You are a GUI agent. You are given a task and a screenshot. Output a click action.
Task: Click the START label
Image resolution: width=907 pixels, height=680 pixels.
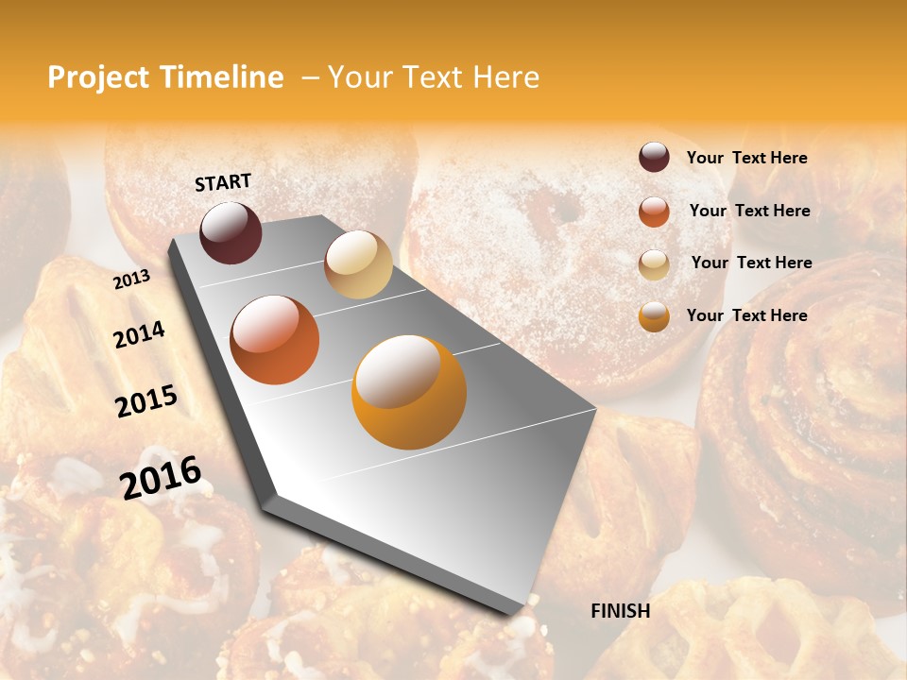223,182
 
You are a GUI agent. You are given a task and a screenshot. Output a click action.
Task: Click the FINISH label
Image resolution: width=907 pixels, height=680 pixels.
620,611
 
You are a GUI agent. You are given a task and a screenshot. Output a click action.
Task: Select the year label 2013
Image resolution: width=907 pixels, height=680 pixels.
131,280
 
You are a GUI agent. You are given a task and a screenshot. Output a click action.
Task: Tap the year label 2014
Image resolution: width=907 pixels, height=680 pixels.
139,335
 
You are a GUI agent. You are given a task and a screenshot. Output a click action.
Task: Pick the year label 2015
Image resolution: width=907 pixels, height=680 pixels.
146,401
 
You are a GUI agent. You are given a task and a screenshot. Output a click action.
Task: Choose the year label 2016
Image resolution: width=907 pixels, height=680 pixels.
161,477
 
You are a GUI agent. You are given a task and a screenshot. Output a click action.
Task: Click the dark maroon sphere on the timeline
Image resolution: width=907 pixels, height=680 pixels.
231,232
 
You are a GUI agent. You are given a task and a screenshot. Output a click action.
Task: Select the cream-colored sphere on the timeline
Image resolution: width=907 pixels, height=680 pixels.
358,264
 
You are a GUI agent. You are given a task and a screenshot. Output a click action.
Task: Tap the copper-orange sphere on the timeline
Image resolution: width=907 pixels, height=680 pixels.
274,340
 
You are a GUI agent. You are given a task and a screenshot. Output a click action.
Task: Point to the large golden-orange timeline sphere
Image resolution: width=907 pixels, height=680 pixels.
409,392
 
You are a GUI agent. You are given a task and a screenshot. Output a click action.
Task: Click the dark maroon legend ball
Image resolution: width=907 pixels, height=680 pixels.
654,157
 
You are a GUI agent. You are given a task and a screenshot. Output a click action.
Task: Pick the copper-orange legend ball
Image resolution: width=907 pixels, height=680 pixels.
654,212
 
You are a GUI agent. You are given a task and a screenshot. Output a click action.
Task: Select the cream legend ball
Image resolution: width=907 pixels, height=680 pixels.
654,264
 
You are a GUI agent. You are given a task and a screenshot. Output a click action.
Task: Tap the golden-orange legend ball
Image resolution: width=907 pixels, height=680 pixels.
654,316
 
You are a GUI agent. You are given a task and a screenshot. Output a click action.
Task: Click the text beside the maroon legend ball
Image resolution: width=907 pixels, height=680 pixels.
746,158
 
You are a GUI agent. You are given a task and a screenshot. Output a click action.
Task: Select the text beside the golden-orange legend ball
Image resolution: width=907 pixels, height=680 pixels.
746,315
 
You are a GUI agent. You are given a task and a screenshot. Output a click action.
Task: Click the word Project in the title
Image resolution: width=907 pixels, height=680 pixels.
99,77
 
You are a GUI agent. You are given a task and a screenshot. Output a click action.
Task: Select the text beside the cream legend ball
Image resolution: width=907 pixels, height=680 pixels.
751,263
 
